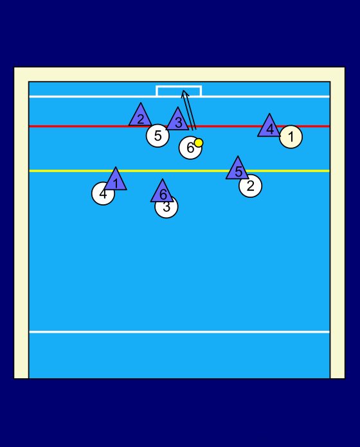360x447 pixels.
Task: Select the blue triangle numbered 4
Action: pos(269,127)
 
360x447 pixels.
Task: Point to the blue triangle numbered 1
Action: pos(115,180)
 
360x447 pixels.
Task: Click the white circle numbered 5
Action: pos(157,136)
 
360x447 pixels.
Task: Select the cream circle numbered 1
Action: pos(291,137)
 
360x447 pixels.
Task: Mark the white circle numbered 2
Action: pos(251,186)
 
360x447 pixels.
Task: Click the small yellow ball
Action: pos(199,143)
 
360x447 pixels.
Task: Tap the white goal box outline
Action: pos(179,86)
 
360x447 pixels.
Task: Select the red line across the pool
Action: pos(179,126)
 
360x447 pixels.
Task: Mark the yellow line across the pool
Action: pos(179,171)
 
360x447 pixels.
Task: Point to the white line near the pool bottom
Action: pos(179,332)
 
